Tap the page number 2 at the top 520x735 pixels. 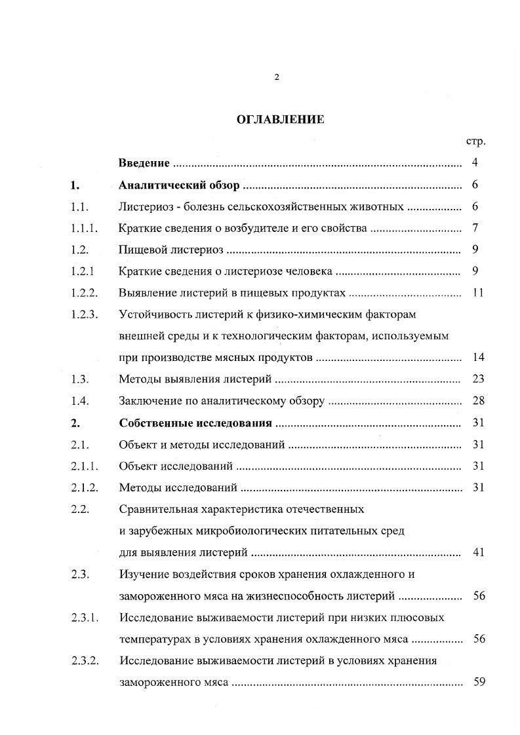pos(276,77)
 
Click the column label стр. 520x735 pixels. pos(475,141)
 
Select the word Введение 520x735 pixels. pos(144,163)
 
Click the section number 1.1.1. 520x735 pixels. pos(84,228)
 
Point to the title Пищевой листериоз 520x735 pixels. pos(172,250)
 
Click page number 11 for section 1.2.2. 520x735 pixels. pos(477,293)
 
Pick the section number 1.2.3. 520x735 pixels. pos(84,314)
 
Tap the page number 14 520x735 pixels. pos(477,358)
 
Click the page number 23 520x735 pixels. pos(477,379)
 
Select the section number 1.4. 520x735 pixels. pos(80,401)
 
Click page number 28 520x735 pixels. pos(477,401)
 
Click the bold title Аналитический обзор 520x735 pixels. pos(180,185)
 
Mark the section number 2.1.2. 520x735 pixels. pos(84,487)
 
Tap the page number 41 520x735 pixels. pos(477,552)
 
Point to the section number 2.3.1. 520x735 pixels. pos(84,617)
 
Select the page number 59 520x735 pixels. pos(477,682)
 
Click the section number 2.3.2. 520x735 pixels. pos(84,660)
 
